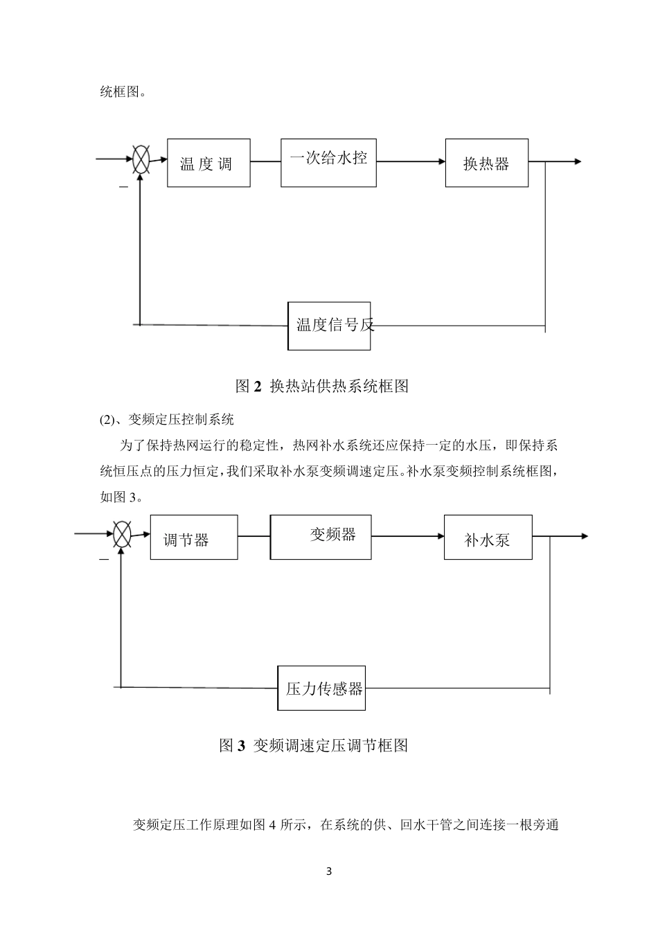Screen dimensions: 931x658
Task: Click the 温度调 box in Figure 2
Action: click(x=208, y=163)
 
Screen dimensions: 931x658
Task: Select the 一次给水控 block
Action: click(x=328, y=162)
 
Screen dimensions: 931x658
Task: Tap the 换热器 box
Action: click(x=486, y=163)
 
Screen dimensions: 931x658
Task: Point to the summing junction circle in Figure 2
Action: click(x=141, y=159)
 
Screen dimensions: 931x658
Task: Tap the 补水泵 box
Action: click(x=488, y=538)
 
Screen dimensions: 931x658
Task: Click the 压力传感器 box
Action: click(x=321, y=688)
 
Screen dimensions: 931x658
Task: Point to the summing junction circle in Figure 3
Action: click(x=122, y=535)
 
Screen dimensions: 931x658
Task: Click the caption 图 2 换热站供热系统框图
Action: click(x=322, y=386)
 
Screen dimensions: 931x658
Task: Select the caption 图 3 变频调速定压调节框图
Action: click(x=313, y=745)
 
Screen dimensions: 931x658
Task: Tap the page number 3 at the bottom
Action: click(x=329, y=871)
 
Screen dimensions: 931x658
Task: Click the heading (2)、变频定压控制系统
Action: click(x=167, y=419)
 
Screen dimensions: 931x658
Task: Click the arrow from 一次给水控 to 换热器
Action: click(x=411, y=162)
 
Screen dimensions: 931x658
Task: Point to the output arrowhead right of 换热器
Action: click(x=576, y=162)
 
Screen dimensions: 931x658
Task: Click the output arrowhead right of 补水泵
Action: click(x=584, y=536)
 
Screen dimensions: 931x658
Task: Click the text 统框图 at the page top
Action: click(x=123, y=91)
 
